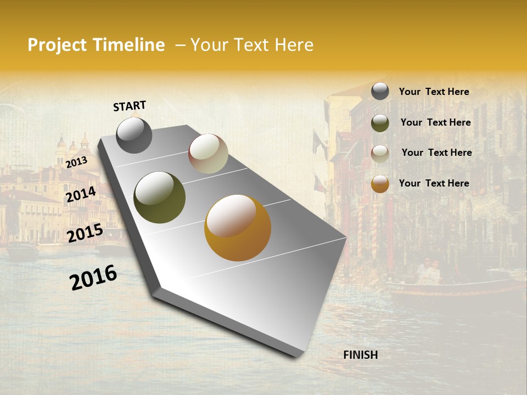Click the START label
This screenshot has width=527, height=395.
click(130, 106)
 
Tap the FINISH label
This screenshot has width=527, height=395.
click(361, 355)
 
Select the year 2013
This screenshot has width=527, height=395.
click(76, 162)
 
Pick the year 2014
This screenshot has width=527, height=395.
click(81, 195)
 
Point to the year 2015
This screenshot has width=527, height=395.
click(85, 233)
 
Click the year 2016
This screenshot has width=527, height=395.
click(93, 278)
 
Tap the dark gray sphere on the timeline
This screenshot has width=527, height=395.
click(134, 135)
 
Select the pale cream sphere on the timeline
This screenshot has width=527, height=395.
click(208, 154)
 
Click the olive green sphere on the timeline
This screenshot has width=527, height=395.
click(159, 198)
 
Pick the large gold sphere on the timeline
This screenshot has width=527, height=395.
click(238, 228)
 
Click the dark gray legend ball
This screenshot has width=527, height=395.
click(380, 91)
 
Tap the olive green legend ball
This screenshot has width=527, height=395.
click(380, 123)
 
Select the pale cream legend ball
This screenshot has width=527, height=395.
click(380, 154)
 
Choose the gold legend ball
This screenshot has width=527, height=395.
click(380, 184)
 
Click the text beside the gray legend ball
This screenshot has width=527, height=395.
click(434, 92)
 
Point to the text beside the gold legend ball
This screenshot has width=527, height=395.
click(434, 183)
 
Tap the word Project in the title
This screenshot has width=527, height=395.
click(57, 45)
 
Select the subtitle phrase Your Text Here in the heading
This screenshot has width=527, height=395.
click(252, 45)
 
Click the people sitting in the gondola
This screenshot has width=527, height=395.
click(428, 272)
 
